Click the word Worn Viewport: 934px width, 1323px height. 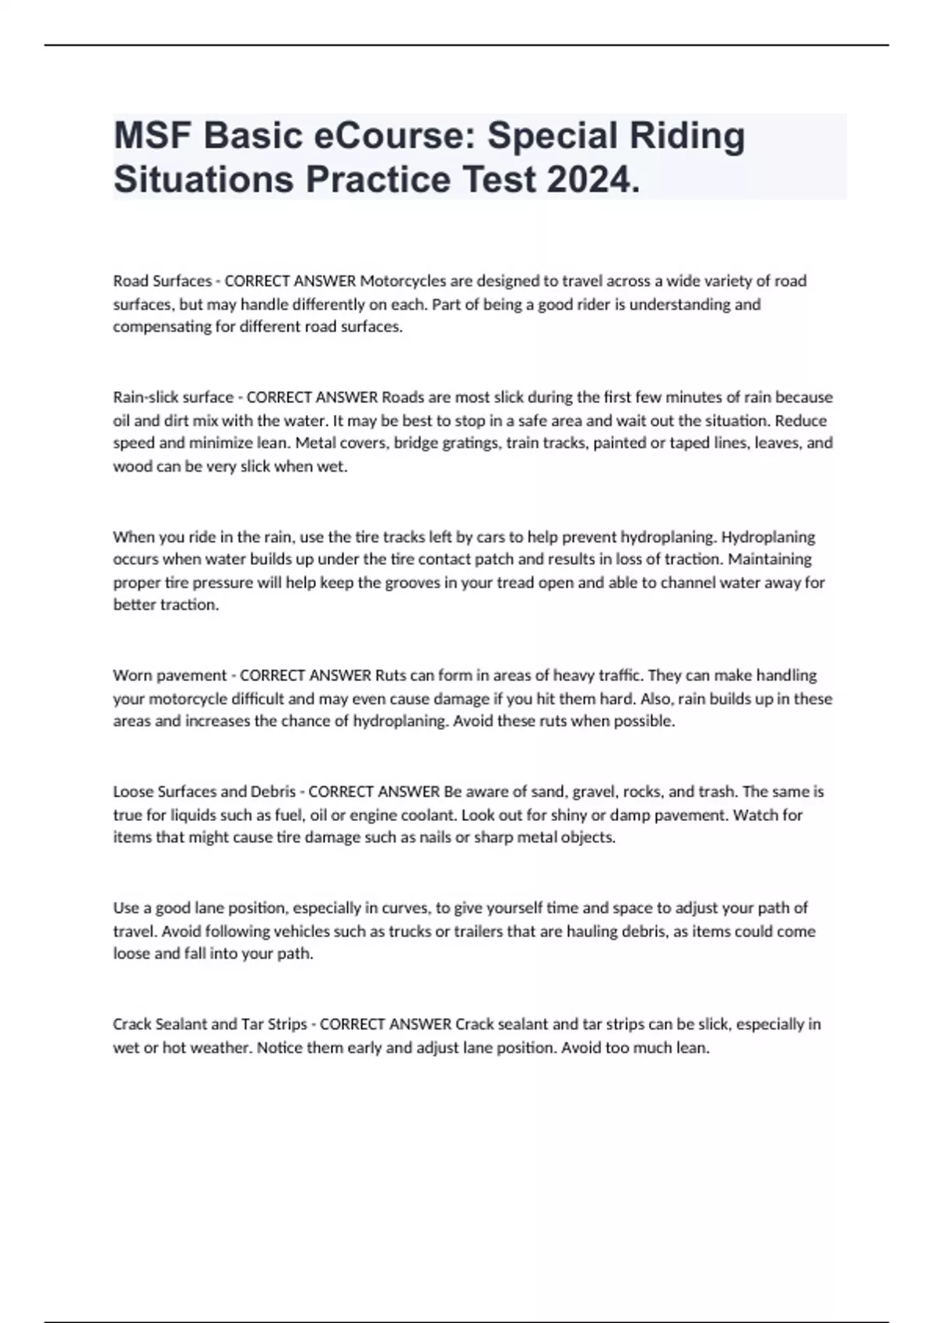pyautogui.click(x=130, y=676)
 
